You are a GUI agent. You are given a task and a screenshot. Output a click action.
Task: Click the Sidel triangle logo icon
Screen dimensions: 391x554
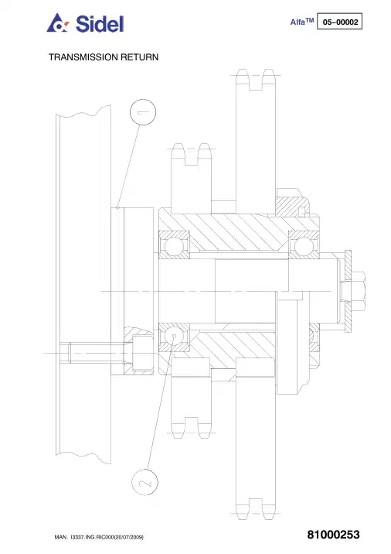pyautogui.click(x=58, y=23)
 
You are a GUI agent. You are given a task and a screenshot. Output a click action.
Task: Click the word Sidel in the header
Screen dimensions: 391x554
pyautogui.click(x=100, y=24)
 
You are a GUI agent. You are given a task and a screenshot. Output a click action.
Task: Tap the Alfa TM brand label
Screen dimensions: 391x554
pyautogui.click(x=301, y=22)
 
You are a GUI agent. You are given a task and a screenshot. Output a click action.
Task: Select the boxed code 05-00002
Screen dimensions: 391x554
pyautogui.click(x=339, y=21)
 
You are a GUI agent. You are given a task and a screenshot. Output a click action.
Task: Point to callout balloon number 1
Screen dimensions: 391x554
pyautogui.click(x=143, y=112)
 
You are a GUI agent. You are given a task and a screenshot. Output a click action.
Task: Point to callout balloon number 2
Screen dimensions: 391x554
pyautogui.click(x=144, y=482)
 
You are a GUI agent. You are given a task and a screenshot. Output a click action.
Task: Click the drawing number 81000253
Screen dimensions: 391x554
pyautogui.click(x=334, y=535)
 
